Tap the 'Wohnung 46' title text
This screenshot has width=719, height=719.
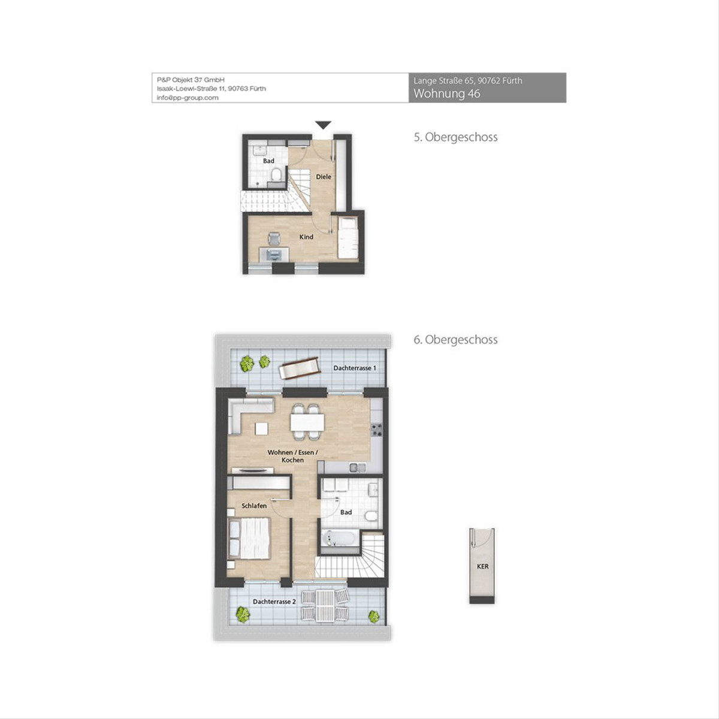(x=446, y=93)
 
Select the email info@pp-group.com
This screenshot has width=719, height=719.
(x=188, y=98)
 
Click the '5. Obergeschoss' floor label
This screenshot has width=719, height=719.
(x=455, y=137)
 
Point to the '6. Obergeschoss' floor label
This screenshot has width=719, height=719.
(x=455, y=340)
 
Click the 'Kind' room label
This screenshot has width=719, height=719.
(x=306, y=237)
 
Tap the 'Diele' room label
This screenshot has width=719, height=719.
(x=324, y=177)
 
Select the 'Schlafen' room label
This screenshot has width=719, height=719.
(x=254, y=506)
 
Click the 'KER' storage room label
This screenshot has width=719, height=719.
(x=483, y=566)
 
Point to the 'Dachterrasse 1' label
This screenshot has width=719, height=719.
(x=355, y=368)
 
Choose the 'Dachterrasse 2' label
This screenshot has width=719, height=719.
(x=274, y=602)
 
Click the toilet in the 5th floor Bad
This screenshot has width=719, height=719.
(x=276, y=174)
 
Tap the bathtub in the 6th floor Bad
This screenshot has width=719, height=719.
(x=339, y=538)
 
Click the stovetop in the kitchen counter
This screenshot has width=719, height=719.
(x=376, y=430)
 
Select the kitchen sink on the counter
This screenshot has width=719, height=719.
(x=358, y=467)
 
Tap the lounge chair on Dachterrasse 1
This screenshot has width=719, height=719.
(x=300, y=368)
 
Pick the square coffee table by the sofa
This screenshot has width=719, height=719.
(x=262, y=428)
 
